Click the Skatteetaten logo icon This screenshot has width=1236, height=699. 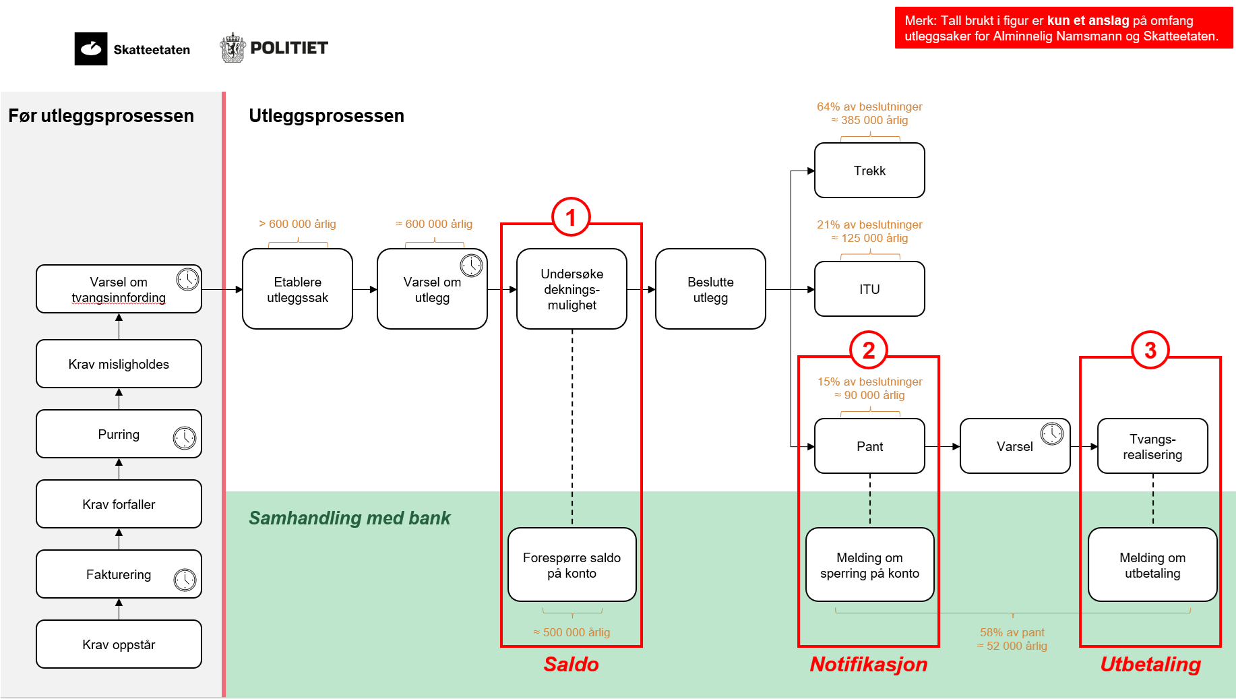[x=91, y=49]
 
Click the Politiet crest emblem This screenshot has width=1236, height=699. [x=233, y=48]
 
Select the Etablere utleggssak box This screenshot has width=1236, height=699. [x=297, y=289]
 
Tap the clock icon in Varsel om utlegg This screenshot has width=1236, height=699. [x=471, y=265]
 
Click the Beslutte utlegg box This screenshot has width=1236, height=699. [x=710, y=289]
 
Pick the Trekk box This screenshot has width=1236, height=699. [x=869, y=171]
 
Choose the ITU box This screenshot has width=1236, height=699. [x=869, y=289]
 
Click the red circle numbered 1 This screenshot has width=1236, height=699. [x=571, y=217]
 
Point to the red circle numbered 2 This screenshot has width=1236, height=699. [x=869, y=350]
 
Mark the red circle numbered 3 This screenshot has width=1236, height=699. [x=1150, y=350]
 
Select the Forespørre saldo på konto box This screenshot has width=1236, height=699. [x=571, y=565]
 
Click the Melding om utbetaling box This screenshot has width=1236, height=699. [x=1152, y=565]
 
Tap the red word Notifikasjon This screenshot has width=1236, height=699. [x=869, y=665]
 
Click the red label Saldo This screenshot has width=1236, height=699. [x=571, y=665]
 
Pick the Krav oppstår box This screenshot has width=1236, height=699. [x=119, y=644]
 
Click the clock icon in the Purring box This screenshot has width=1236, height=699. [x=185, y=437]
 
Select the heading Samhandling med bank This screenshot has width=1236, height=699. [x=349, y=518]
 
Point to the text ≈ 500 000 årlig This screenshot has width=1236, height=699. [x=571, y=632]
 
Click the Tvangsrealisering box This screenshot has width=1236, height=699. [x=1152, y=446]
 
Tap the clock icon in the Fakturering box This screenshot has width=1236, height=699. [x=185, y=579]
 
